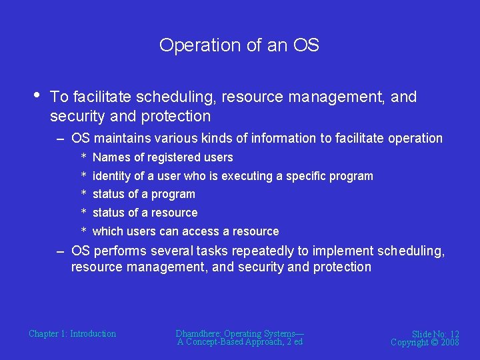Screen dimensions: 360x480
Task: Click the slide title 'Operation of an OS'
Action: coord(239,45)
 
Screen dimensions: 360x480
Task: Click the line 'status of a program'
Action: coord(143,194)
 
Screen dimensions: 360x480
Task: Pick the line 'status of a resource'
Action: coord(145,213)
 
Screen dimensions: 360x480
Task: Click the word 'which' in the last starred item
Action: coord(107,231)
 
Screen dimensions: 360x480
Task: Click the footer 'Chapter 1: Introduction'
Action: coord(72,333)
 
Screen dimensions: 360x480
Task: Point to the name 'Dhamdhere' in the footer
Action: coord(198,333)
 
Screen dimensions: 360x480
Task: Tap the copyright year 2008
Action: coord(450,342)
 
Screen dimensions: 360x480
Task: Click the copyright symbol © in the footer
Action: coord(433,342)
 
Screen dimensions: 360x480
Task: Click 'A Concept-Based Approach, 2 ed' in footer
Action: coord(240,342)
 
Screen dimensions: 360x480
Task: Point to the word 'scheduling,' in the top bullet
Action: coord(175,97)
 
